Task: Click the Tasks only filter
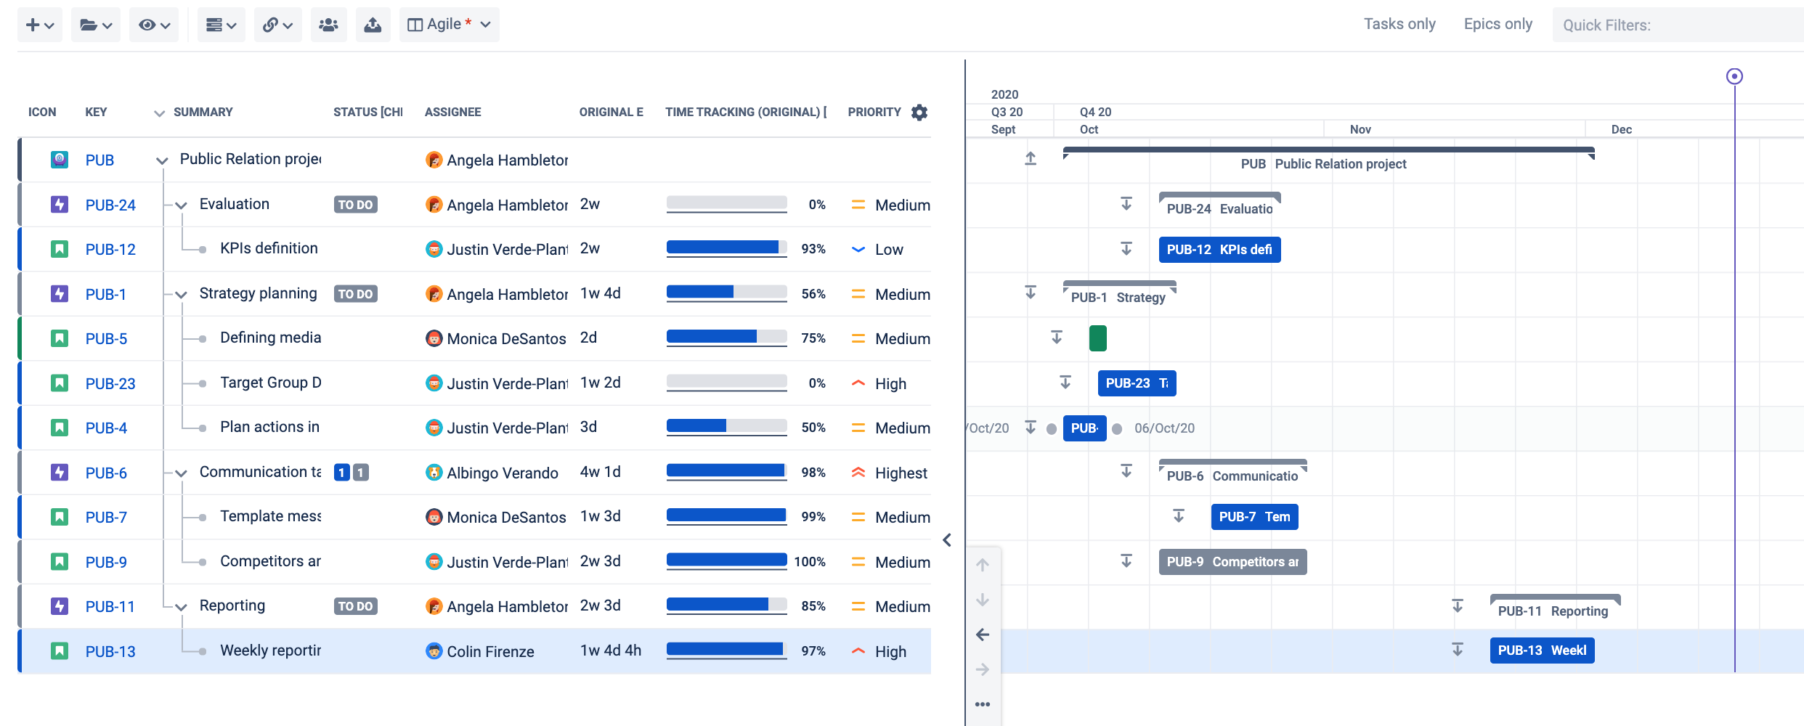coord(1399,24)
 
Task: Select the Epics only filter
coord(1498,24)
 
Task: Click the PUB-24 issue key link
coord(110,205)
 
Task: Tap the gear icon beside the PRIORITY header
coord(919,113)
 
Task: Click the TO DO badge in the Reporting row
coord(355,606)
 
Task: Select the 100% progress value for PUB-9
coord(810,562)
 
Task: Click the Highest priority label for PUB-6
coord(901,473)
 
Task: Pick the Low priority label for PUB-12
coord(889,250)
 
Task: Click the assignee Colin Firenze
coord(490,652)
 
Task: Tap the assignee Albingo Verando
coord(502,473)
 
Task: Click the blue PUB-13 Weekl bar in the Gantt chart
coord(1541,650)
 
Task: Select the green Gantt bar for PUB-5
coord(1097,338)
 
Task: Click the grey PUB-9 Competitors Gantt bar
coord(1232,562)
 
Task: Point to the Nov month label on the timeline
coord(1360,129)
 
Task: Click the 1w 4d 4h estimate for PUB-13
coord(610,650)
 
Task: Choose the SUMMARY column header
coord(203,113)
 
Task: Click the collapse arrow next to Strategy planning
coord(182,295)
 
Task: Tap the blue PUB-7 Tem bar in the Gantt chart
coord(1254,517)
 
